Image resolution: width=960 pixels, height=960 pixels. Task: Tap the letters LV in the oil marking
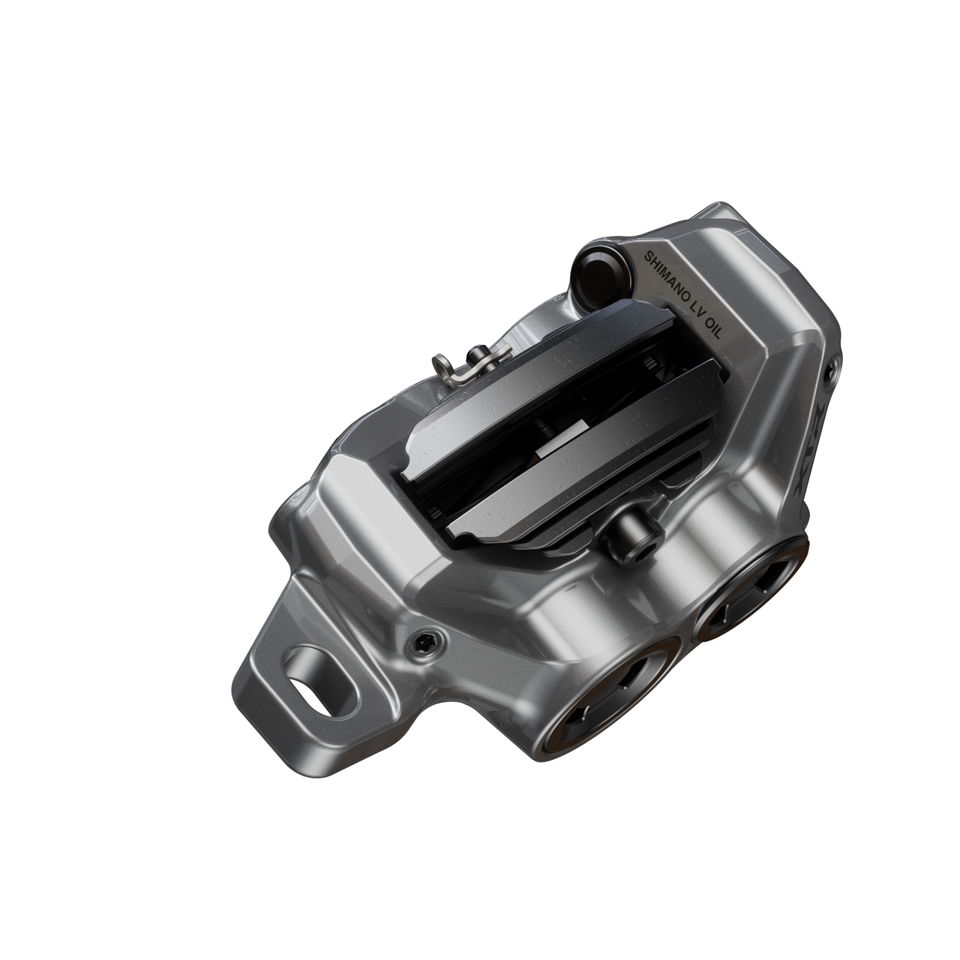pos(694,308)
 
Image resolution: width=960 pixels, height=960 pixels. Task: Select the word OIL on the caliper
pos(709,327)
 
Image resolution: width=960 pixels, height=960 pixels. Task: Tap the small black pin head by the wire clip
pos(475,352)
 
